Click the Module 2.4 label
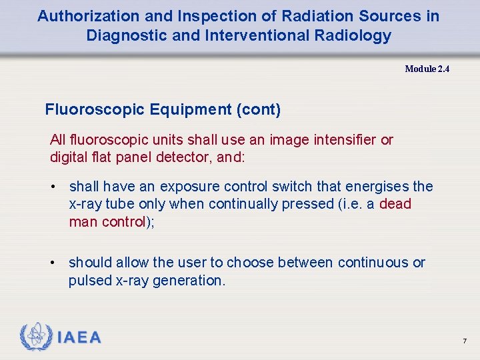(427, 69)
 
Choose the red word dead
(395, 204)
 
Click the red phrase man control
(107, 222)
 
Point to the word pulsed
(90, 281)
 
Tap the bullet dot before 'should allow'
(53, 263)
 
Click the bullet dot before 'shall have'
(53, 187)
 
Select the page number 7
(465, 341)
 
